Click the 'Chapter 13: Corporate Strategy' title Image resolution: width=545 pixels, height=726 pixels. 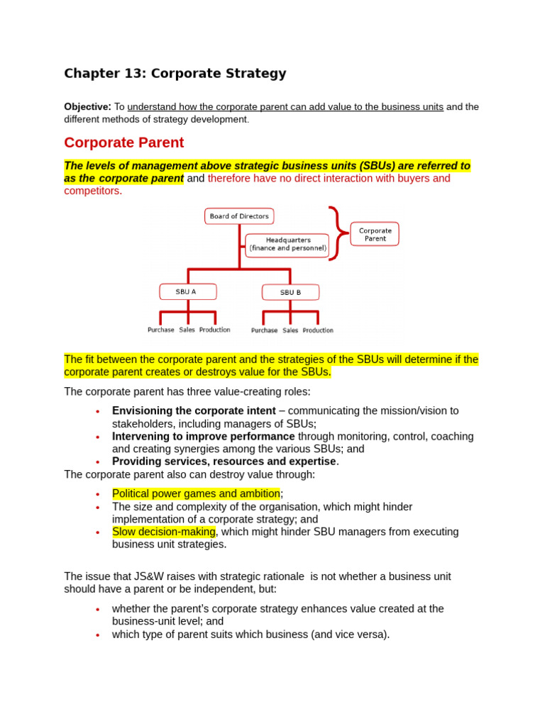pyautogui.click(x=175, y=73)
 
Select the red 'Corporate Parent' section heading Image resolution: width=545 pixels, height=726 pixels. pyautogui.click(x=124, y=143)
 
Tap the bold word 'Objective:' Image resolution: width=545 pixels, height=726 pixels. pyautogui.click(x=87, y=107)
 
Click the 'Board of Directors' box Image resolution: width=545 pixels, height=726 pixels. pyautogui.click(x=239, y=216)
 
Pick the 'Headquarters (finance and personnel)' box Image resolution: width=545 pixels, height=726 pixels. pyautogui.click(x=287, y=245)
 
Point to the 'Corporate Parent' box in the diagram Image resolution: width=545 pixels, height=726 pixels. pyautogui.click(x=375, y=234)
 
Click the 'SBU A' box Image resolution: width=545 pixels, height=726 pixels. pyautogui.click(x=187, y=291)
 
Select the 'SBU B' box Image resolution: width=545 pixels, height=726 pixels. pyautogui.click(x=290, y=292)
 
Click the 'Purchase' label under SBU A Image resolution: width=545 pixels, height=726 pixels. pyautogui.click(x=161, y=330)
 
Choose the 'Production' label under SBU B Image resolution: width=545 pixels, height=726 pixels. pyautogui.click(x=318, y=330)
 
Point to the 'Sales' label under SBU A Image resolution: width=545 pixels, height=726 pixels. pyautogui.click(x=187, y=330)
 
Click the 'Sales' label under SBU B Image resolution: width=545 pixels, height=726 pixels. pyautogui.click(x=290, y=330)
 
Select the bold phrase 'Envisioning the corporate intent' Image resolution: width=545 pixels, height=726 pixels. pyautogui.click(x=194, y=411)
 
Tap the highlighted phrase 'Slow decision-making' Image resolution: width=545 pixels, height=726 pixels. pyautogui.click(x=163, y=532)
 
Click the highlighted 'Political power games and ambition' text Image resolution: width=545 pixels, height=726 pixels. pyautogui.click(x=196, y=493)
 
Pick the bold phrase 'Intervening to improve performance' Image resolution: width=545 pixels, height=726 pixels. pyautogui.click(x=203, y=437)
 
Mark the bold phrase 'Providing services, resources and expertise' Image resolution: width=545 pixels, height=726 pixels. pyautogui.click(x=224, y=462)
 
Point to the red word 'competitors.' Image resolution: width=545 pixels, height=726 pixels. pyautogui.click(x=93, y=191)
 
